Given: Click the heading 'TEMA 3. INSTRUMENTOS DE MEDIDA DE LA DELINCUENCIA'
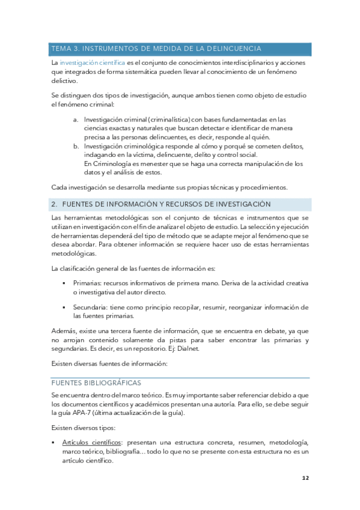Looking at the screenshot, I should (x=156, y=49).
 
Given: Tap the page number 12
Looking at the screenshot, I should (x=305, y=479).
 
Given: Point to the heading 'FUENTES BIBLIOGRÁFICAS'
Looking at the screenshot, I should (x=96, y=382).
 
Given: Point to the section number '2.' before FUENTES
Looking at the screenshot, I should (x=55, y=204).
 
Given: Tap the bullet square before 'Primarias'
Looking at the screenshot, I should (x=64, y=283).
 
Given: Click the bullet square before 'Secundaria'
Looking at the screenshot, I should (x=64, y=307).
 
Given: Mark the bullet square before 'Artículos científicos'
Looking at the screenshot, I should (x=54, y=442).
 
